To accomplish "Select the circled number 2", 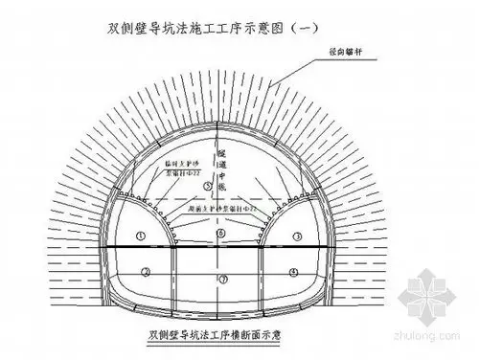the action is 146,271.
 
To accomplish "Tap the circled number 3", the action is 297,236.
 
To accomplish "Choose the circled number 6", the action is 221,233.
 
